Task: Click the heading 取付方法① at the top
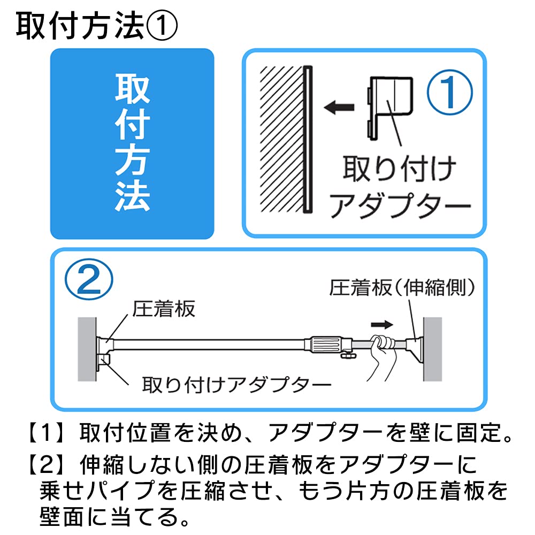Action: pos(96,26)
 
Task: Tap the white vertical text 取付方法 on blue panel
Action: pos(132,143)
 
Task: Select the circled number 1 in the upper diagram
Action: pos(450,92)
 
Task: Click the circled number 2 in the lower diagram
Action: pos(89,279)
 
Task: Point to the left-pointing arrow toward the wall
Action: pos(339,107)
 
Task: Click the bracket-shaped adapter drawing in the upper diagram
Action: pos(391,107)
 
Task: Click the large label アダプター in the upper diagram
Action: pos(400,205)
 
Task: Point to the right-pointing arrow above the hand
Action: pos(382,325)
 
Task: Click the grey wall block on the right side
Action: pos(433,349)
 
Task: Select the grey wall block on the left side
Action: pos(87,349)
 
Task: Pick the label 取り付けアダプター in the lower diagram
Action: pos(236,385)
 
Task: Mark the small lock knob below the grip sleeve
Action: pos(348,356)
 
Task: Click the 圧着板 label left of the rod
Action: pos(163,309)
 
